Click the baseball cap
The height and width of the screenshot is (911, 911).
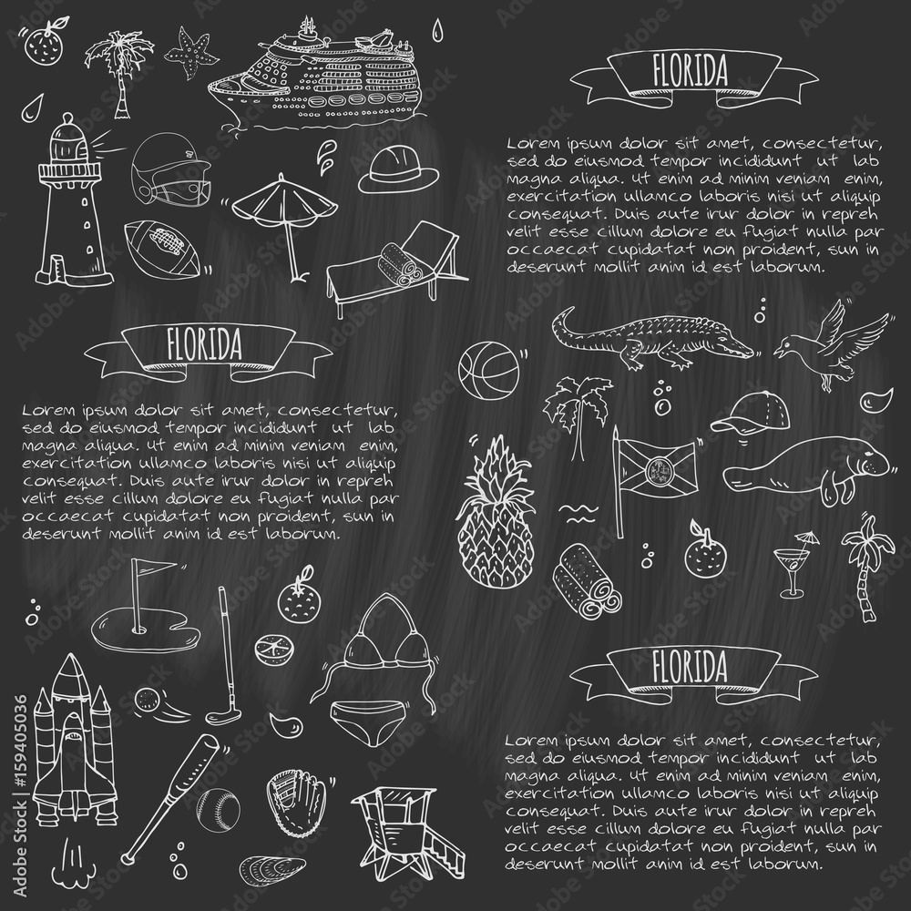pos(743,415)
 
